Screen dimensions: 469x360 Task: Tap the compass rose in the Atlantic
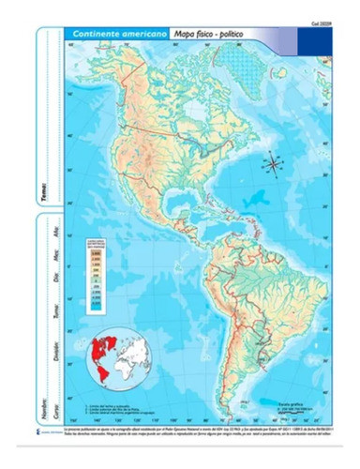click(274, 162)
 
